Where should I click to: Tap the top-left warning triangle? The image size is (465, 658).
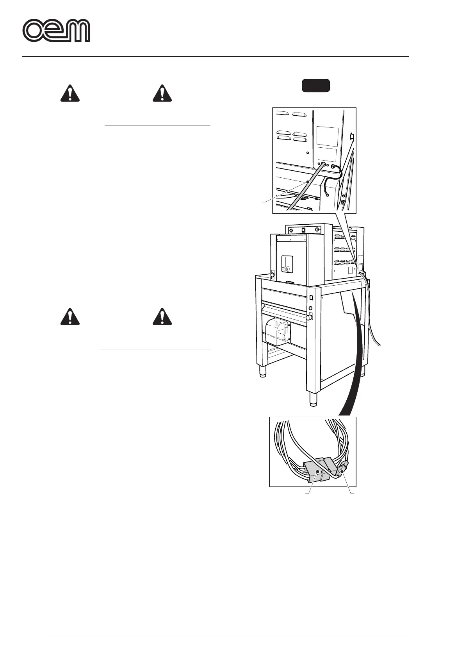pyautogui.click(x=70, y=93)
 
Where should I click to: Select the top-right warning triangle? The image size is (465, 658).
pyautogui.click(x=162, y=93)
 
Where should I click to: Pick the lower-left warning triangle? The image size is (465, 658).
pyautogui.click(x=70, y=316)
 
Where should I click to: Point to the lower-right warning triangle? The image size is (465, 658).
pyautogui.click(x=162, y=316)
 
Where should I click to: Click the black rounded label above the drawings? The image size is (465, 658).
pyautogui.click(x=316, y=86)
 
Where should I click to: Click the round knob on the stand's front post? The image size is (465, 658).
pyautogui.click(x=310, y=318)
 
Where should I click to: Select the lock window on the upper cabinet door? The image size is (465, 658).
pyautogui.click(x=287, y=263)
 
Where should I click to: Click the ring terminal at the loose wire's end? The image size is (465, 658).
pyautogui.click(x=326, y=196)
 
